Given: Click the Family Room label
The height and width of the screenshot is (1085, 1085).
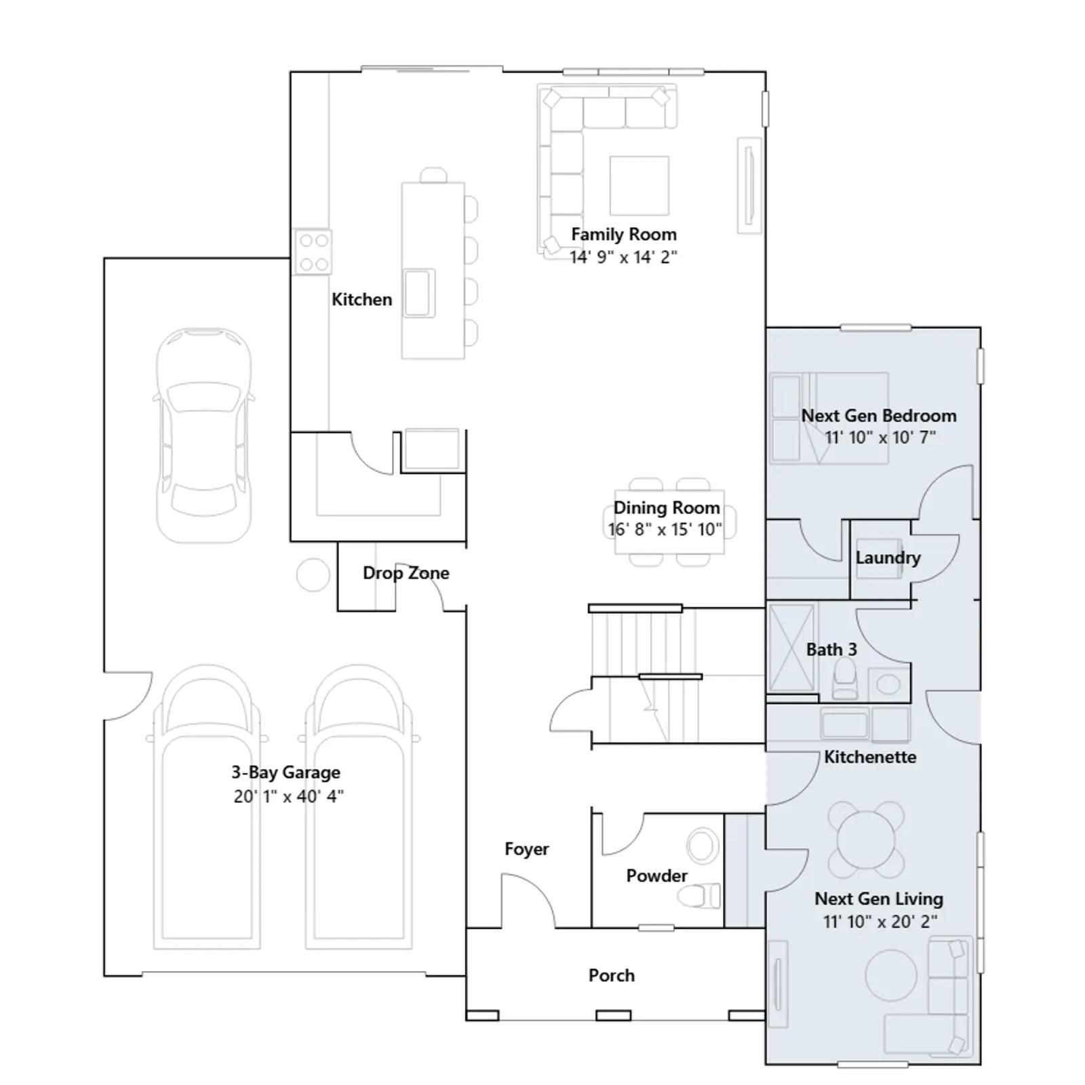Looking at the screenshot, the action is (624, 235).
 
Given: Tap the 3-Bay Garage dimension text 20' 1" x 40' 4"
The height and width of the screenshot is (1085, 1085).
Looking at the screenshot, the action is (289, 796).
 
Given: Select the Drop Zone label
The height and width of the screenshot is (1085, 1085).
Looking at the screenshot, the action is (406, 573).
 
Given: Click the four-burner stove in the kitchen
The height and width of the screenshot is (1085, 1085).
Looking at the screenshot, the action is (313, 252).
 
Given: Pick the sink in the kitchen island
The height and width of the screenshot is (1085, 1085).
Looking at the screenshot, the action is (419, 293).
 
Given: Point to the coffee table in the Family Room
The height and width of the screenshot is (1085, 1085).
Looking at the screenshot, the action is (639, 185).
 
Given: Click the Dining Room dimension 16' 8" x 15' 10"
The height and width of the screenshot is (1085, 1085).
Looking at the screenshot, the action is (665, 530).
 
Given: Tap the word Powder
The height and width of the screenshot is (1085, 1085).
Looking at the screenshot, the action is (657, 876).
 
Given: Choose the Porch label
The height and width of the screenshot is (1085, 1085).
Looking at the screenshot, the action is (612, 975).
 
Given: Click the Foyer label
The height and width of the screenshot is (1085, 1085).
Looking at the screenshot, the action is (527, 850).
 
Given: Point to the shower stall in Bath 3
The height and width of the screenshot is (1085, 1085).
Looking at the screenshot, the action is (791, 648).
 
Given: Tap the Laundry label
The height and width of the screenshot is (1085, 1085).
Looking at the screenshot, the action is (888, 558).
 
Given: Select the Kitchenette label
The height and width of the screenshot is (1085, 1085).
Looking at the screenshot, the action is (870, 757).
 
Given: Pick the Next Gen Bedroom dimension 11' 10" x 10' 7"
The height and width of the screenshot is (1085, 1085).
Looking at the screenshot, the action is (880, 437).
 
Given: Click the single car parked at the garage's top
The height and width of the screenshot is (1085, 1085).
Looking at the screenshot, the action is (204, 435).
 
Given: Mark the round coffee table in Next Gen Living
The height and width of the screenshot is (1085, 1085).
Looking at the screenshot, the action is (892, 974).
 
